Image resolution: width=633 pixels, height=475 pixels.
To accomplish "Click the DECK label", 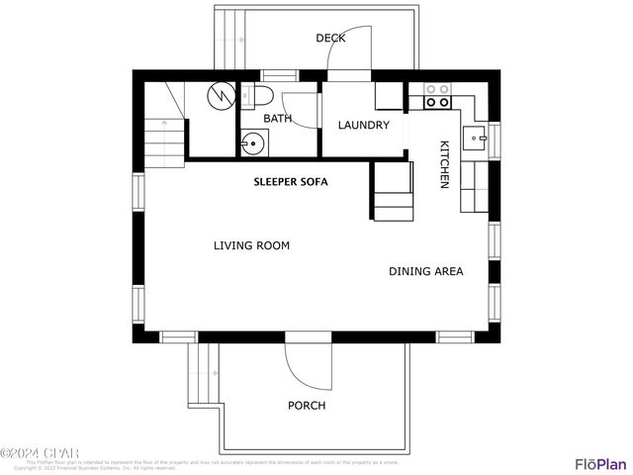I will coord(330,39).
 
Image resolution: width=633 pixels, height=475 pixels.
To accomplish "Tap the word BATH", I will coord(277,119).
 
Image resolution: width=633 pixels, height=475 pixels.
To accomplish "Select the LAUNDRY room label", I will coord(363,126).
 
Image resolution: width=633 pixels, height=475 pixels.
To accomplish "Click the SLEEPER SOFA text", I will coord(291,182).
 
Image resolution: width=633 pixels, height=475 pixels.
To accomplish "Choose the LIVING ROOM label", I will coord(251,245).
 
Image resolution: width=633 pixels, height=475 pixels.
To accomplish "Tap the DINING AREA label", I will coord(425,271).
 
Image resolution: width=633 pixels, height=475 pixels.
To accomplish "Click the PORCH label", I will coord(307,406).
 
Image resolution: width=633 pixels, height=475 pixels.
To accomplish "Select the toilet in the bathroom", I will coord(260,96).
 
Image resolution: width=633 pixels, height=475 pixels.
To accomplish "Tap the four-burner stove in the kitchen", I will coord(437,96).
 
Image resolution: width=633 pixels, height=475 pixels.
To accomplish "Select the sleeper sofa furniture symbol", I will coord(393,191).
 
